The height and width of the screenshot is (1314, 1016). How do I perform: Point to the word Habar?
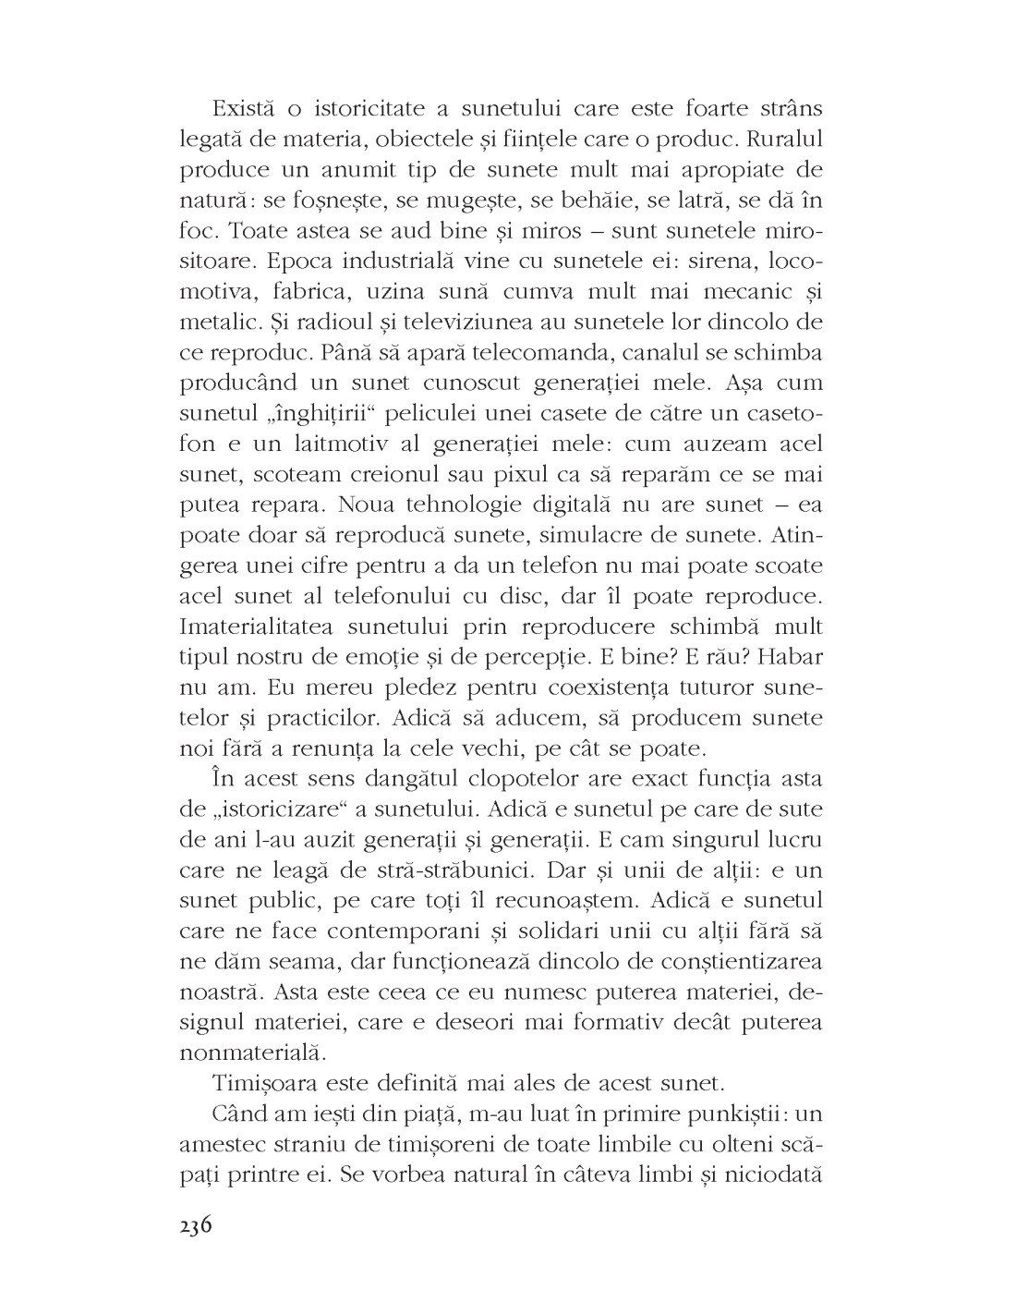click(792, 657)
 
